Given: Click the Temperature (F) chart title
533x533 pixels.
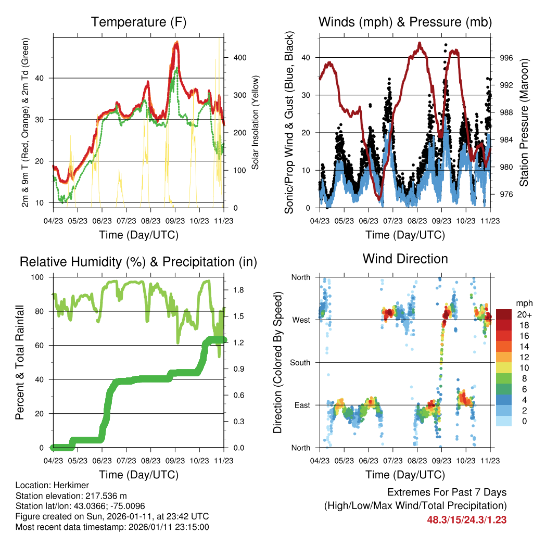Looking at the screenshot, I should coord(138,22).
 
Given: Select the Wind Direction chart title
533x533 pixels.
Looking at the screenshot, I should coord(405,258).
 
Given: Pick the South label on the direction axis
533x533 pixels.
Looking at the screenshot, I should coord(301,362).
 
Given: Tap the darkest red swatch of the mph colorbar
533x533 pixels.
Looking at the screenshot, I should coord(503,314).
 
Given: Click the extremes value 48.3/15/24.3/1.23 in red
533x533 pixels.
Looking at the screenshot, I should coord(467,519).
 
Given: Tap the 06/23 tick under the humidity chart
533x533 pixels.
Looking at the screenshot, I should coord(102,461).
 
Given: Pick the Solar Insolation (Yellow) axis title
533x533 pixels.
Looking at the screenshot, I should coord(255,122).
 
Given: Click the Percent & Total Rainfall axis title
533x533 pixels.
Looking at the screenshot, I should coord(19,363).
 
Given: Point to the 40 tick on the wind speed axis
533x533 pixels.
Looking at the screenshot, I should coord(307,58).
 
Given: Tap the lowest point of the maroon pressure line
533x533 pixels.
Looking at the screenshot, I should coord(380,198).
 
